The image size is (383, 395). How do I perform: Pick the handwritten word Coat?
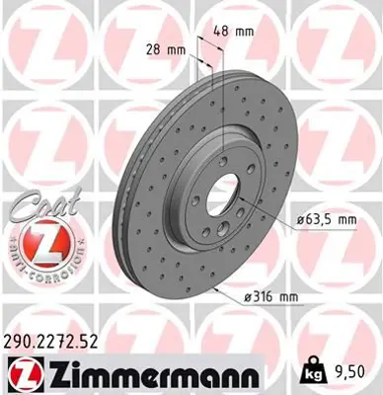[x=38, y=208]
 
